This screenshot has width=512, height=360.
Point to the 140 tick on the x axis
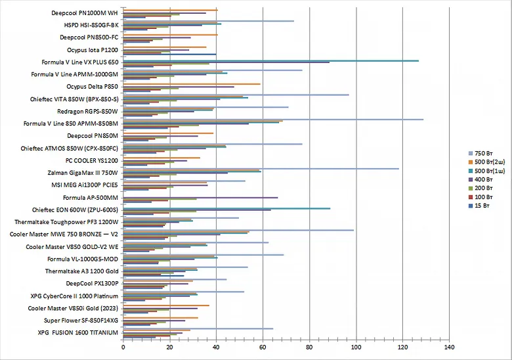[x=449, y=346]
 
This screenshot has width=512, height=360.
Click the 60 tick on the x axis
[x=263, y=346]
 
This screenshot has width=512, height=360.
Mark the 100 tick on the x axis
[x=356, y=346]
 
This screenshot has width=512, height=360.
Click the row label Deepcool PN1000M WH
[x=85, y=12]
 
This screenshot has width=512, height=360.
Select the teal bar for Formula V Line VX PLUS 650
[x=269, y=60]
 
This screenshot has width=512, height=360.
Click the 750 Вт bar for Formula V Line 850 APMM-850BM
[x=272, y=120]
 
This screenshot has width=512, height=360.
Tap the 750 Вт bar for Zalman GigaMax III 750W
[x=263, y=169]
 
